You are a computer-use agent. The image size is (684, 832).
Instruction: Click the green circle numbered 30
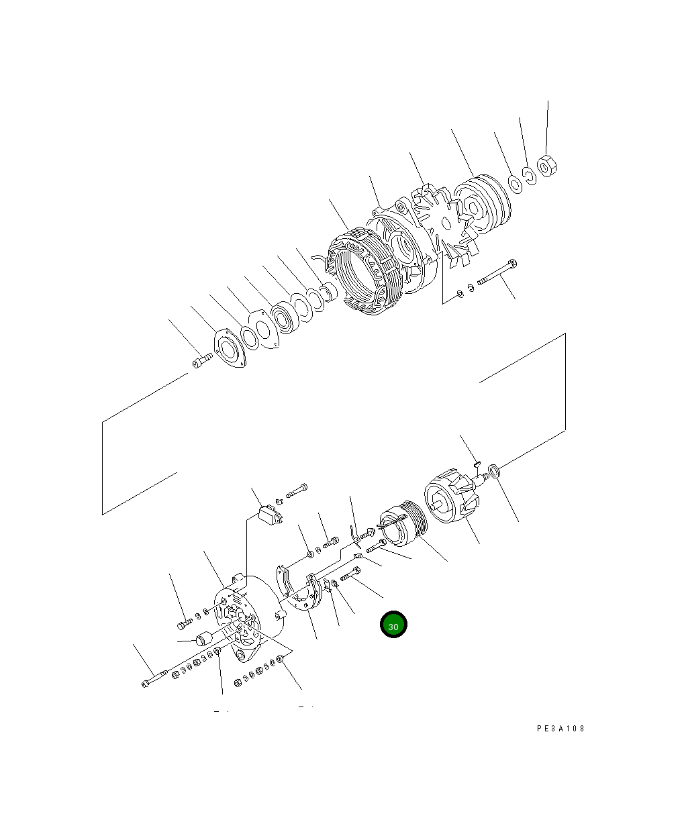(393, 625)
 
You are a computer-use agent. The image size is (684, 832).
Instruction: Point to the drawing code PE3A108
(560, 728)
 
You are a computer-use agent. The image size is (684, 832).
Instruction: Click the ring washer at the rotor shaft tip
(494, 472)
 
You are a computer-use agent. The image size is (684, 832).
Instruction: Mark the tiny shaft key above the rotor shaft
(476, 462)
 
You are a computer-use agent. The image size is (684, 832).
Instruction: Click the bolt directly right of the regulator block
(297, 491)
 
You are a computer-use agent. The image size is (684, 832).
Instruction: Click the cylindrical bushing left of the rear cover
(203, 639)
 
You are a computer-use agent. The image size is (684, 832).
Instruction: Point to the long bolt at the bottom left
(156, 678)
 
